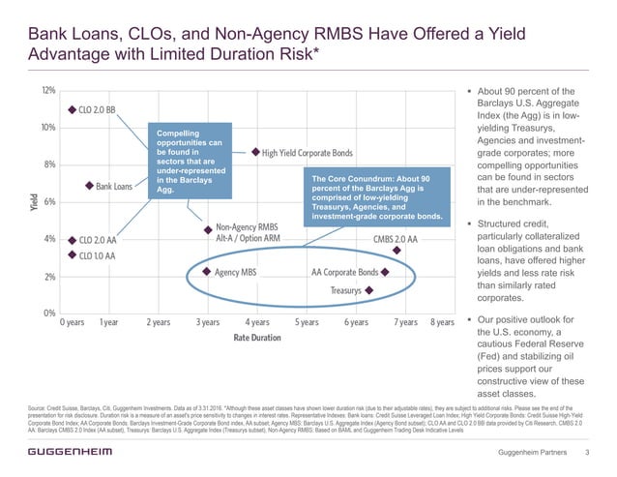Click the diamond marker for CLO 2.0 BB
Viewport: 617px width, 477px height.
click(x=71, y=109)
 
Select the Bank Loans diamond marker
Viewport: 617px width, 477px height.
click(x=88, y=186)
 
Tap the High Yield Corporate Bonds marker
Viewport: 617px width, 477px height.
click(x=255, y=152)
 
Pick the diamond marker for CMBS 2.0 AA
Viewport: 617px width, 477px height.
click(x=397, y=250)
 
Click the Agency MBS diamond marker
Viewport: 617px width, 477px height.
click(x=207, y=272)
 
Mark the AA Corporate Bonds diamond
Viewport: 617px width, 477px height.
click(x=385, y=272)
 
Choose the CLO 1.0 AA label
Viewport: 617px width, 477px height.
click(x=98, y=255)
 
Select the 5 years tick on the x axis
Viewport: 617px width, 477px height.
click(x=308, y=322)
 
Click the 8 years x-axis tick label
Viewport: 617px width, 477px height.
click(x=442, y=322)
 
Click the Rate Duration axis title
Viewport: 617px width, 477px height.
click(x=257, y=338)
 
